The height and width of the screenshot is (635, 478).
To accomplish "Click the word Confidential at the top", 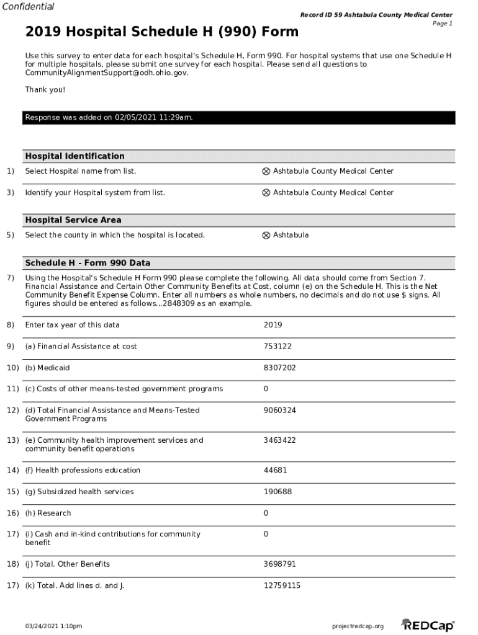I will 28,7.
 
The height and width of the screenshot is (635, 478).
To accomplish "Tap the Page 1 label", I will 442,24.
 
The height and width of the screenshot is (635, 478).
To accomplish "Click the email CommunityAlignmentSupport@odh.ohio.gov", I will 106,73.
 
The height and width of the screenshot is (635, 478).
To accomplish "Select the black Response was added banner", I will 239,118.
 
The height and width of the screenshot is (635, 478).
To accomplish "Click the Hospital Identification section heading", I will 74,156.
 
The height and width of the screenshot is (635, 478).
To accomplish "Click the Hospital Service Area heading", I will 73,220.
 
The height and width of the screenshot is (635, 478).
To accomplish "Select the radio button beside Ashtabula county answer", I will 266,236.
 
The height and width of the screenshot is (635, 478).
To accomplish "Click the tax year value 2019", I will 273,326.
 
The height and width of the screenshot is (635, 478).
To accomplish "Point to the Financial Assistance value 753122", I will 277,347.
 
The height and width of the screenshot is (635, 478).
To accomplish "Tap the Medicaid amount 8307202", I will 279,368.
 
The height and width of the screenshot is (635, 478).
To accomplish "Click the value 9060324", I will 279,411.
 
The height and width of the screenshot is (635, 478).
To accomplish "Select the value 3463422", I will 279,441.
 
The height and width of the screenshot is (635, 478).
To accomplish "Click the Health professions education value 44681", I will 275,471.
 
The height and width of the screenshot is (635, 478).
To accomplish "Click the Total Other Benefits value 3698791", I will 279,564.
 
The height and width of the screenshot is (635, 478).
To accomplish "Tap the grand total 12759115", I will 282,586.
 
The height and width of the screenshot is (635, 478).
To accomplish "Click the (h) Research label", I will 48,513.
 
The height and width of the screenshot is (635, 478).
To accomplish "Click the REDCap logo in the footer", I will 428,625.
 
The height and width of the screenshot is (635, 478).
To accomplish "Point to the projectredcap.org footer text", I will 358,626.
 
